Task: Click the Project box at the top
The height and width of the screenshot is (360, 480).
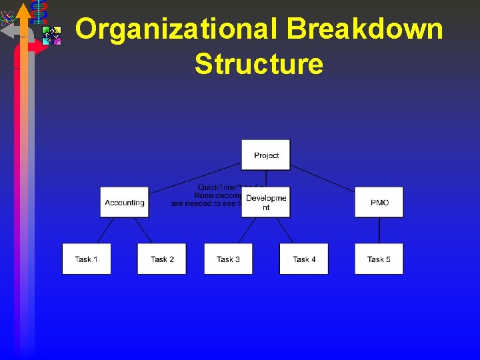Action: coord(266,155)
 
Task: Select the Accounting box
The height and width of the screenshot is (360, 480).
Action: coord(124,202)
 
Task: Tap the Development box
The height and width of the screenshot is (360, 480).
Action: coord(266,202)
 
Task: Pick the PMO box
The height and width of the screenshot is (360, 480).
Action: coord(379,202)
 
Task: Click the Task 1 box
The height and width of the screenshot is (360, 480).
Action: coord(87,259)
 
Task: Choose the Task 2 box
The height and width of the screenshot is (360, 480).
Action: coord(162,259)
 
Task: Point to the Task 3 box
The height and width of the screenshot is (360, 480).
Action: coord(229,259)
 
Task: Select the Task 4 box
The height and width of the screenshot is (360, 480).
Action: coord(304,259)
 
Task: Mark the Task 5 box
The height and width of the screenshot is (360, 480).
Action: coord(379,259)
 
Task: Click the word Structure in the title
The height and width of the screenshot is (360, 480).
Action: coord(259,65)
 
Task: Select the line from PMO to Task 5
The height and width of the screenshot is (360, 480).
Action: coord(379,230)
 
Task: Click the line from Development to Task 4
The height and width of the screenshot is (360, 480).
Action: coord(285,230)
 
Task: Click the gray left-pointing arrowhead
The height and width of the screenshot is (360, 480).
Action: coord(7,30)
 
